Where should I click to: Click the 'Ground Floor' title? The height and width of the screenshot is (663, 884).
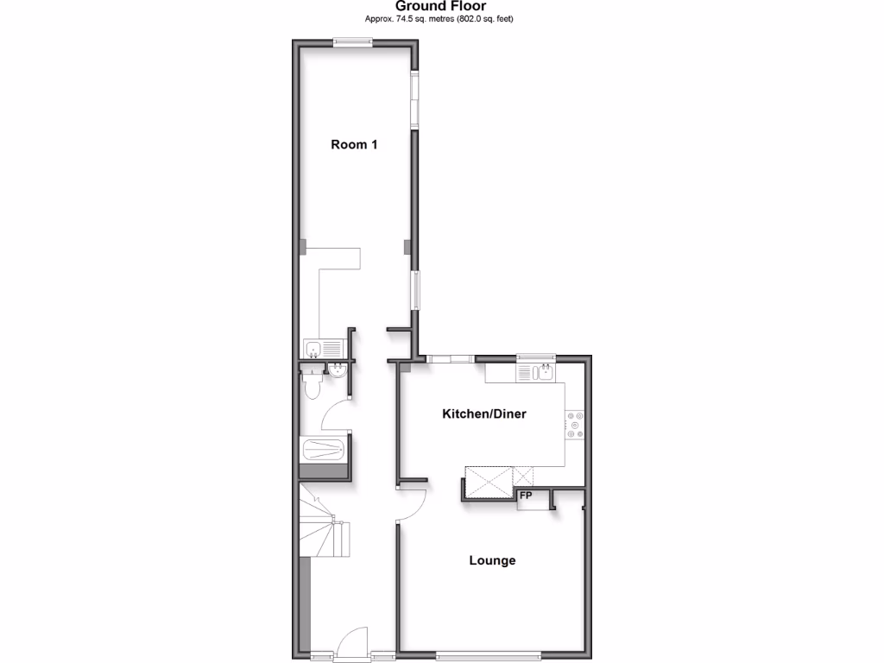coord(441,6)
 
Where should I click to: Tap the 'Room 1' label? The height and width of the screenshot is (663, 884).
coord(354,145)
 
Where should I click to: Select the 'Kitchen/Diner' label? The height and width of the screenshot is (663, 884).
coord(484,414)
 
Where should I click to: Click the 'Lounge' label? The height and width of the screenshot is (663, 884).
coord(492,560)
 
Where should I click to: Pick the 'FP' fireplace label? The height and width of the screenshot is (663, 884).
coord(525,496)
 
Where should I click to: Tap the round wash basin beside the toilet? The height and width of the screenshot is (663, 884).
coord(338,371)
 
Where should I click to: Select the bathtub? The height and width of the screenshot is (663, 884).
coord(324,450)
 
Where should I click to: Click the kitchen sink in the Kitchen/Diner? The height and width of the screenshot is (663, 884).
coord(543,373)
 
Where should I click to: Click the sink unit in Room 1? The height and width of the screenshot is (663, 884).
coord(323,349)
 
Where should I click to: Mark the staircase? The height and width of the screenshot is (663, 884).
coord(324,522)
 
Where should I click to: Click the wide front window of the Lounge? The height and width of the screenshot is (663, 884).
coord(489,654)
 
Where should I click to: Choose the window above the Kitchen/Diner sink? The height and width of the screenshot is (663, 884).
coord(535,357)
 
